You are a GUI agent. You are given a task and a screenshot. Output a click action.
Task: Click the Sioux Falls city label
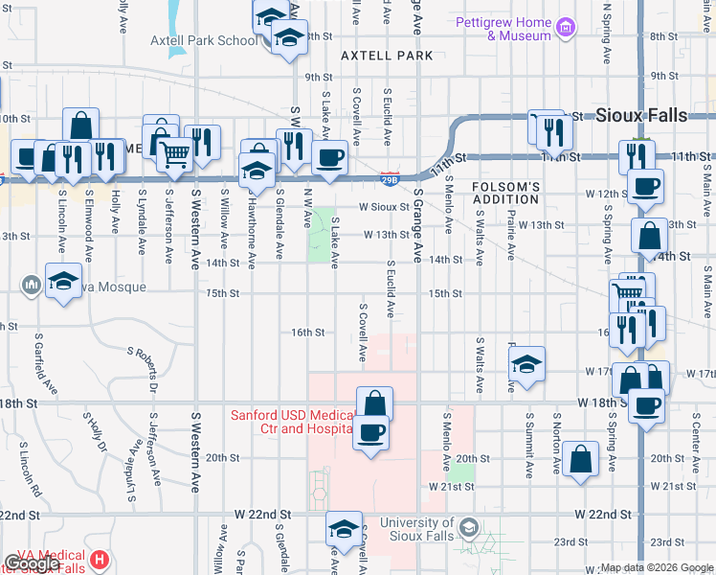(640, 115)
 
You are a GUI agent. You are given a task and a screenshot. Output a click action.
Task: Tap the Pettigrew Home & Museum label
(517, 29)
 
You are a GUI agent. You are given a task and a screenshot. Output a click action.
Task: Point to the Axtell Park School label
(203, 40)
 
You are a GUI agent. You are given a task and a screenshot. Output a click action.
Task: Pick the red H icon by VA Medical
(100, 559)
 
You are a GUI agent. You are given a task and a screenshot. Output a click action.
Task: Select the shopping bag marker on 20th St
(581, 459)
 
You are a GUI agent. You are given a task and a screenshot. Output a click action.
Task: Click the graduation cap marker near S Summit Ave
(526, 364)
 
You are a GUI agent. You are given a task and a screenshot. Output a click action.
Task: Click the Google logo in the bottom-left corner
(32, 563)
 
